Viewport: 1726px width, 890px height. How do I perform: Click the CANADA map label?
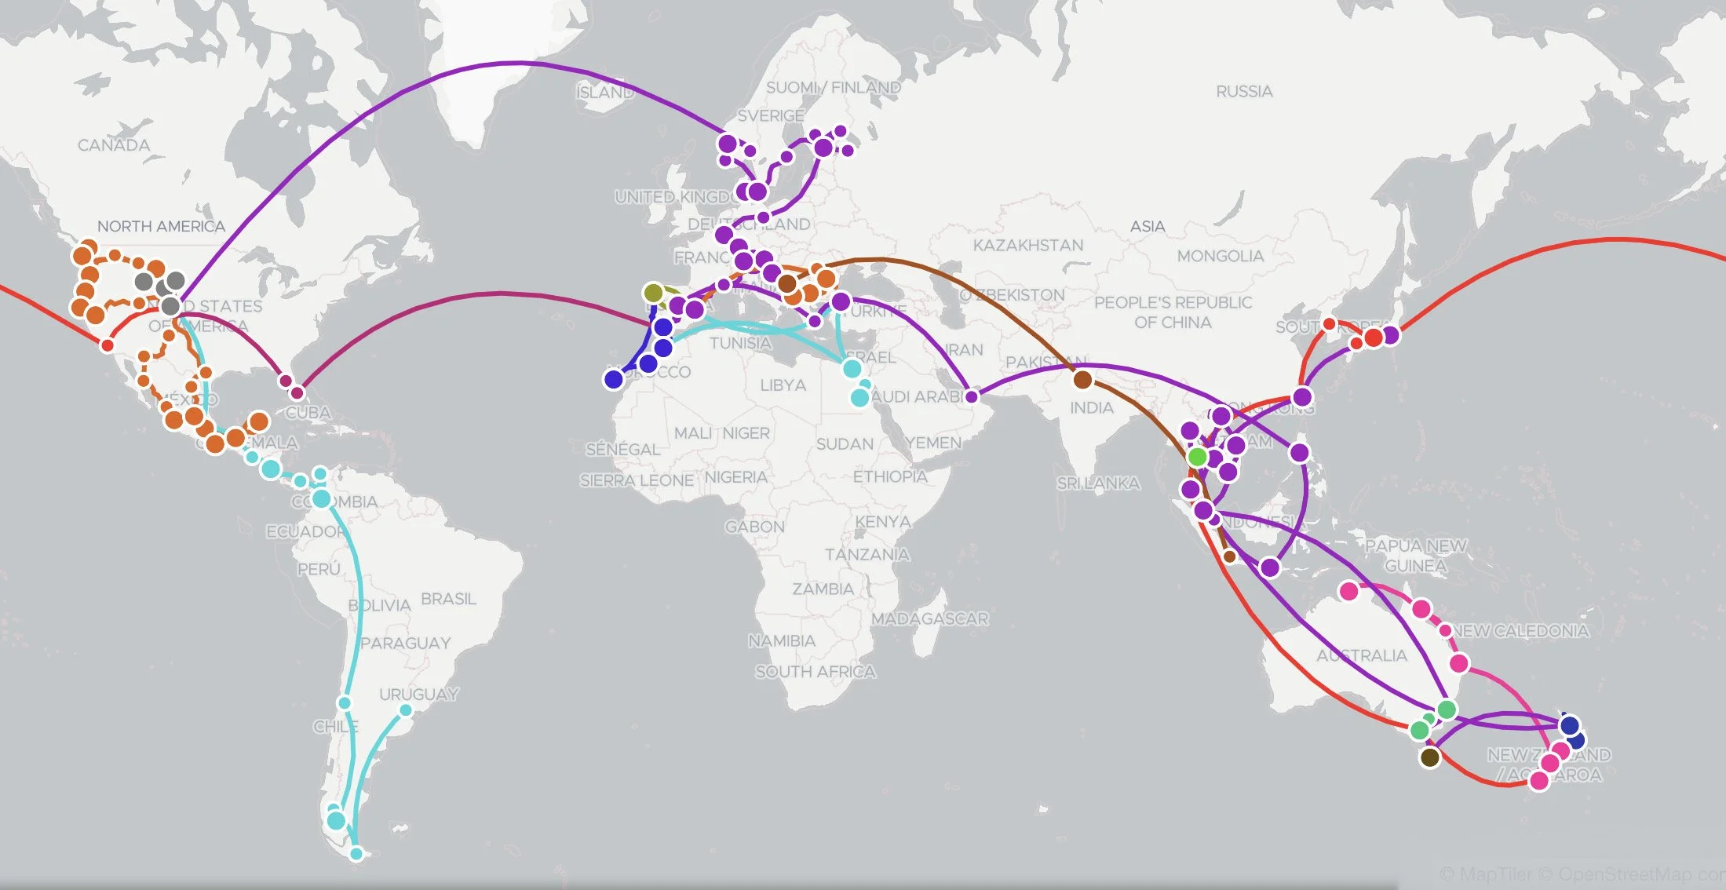click(114, 145)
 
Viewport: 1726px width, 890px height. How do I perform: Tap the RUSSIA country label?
click(1244, 92)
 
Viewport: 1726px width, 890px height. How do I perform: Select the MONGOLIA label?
click(1220, 256)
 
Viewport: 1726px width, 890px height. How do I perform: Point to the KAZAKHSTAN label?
click(1027, 246)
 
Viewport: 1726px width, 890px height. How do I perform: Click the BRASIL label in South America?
click(448, 599)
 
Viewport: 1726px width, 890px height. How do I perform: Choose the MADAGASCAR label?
click(929, 618)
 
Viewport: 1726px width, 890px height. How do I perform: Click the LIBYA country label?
click(783, 385)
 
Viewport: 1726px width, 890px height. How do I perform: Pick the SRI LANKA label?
click(1098, 483)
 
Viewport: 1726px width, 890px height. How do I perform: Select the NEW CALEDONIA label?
click(1520, 631)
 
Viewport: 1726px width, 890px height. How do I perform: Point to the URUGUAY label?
click(418, 695)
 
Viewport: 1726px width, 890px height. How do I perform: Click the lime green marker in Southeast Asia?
click(1197, 457)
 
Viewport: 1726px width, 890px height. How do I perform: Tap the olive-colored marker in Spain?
click(653, 294)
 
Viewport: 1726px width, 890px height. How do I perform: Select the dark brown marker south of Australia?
click(1430, 757)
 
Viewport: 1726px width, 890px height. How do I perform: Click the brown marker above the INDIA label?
click(1082, 380)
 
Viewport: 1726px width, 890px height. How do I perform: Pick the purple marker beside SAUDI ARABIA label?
click(972, 396)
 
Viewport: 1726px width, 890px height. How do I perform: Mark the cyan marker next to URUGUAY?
click(406, 710)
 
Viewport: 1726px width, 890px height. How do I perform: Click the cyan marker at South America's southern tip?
click(356, 853)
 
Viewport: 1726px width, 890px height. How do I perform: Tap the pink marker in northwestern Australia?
click(1349, 591)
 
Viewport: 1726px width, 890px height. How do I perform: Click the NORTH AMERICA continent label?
click(161, 226)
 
